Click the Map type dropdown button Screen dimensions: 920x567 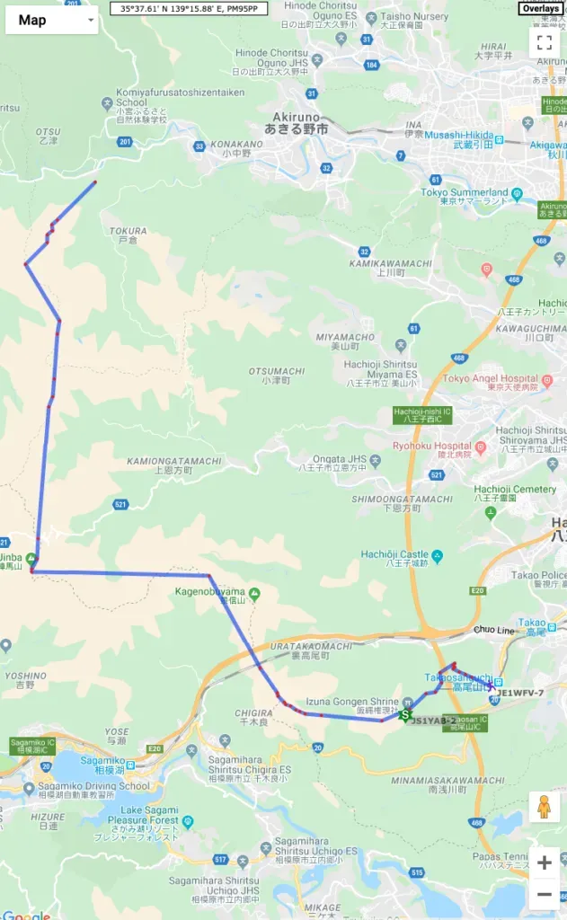tap(51, 20)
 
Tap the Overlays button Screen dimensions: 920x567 tap(541, 9)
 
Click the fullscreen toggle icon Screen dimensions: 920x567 tap(544, 41)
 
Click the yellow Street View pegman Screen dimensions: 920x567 tap(544, 806)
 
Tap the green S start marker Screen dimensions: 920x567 tap(405, 715)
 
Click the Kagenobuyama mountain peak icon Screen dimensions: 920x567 tap(254, 593)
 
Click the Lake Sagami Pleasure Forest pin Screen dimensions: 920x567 tap(188, 820)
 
